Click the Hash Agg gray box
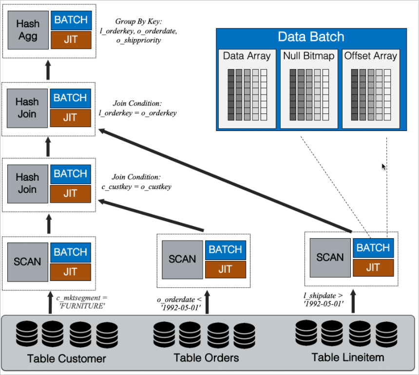pyautogui.click(x=28, y=29)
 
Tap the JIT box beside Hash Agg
pyautogui.click(x=71, y=39)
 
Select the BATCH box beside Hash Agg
pyautogui.click(x=71, y=20)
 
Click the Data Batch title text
pyautogui.click(x=311, y=37)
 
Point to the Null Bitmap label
pyautogui.click(x=309, y=56)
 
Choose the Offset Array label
pyautogui.click(x=371, y=56)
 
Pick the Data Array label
pyautogui.click(x=247, y=56)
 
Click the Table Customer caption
pyautogui.click(x=67, y=359)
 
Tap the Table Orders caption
pyautogui.click(x=207, y=358)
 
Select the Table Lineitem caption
pyautogui.click(x=348, y=357)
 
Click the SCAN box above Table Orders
pyautogui.click(x=182, y=259)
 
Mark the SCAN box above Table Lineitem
pyautogui.click(x=330, y=257)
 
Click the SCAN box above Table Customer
pyautogui.click(x=28, y=262)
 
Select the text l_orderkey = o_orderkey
pyautogui.click(x=138, y=113)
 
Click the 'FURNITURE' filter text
pyautogui.click(x=81, y=305)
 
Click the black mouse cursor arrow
pyautogui.click(x=383, y=167)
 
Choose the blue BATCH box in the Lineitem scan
pyautogui.click(x=373, y=247)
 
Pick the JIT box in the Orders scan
pyautogui.click(x=225, y=268)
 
